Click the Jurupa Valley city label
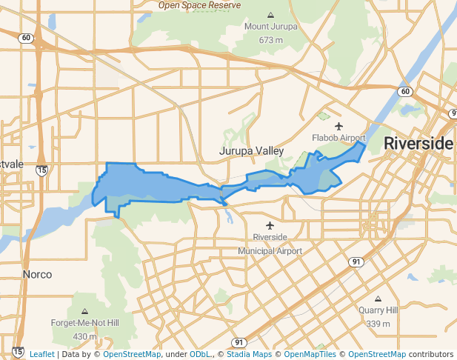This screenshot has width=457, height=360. click(251, 151)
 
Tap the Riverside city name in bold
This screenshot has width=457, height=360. click(418, 143)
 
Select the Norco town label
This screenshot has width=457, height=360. click(37, 274)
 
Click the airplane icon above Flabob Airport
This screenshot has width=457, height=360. click(339, 126)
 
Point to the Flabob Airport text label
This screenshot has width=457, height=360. click(339, 138)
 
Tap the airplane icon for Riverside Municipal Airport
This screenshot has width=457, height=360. click(270, 224)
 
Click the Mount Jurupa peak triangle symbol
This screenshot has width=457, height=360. click(270, 15)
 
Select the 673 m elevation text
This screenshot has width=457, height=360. click(271, 39)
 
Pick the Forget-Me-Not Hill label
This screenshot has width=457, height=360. click(84, 324)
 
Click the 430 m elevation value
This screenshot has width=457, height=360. click(84, 336)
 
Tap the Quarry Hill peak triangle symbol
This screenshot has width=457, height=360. click(378, 299)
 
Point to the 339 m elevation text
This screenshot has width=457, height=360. click(378, 324)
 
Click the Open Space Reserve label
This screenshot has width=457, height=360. click(199, 4)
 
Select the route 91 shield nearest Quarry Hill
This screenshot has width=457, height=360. click(357, 262)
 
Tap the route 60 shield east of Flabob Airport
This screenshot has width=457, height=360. click(404, 91)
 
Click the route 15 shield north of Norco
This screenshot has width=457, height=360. click(42, 170)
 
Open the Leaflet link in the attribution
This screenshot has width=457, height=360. click(41, 354)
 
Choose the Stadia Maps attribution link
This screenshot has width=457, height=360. click(249, 354)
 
